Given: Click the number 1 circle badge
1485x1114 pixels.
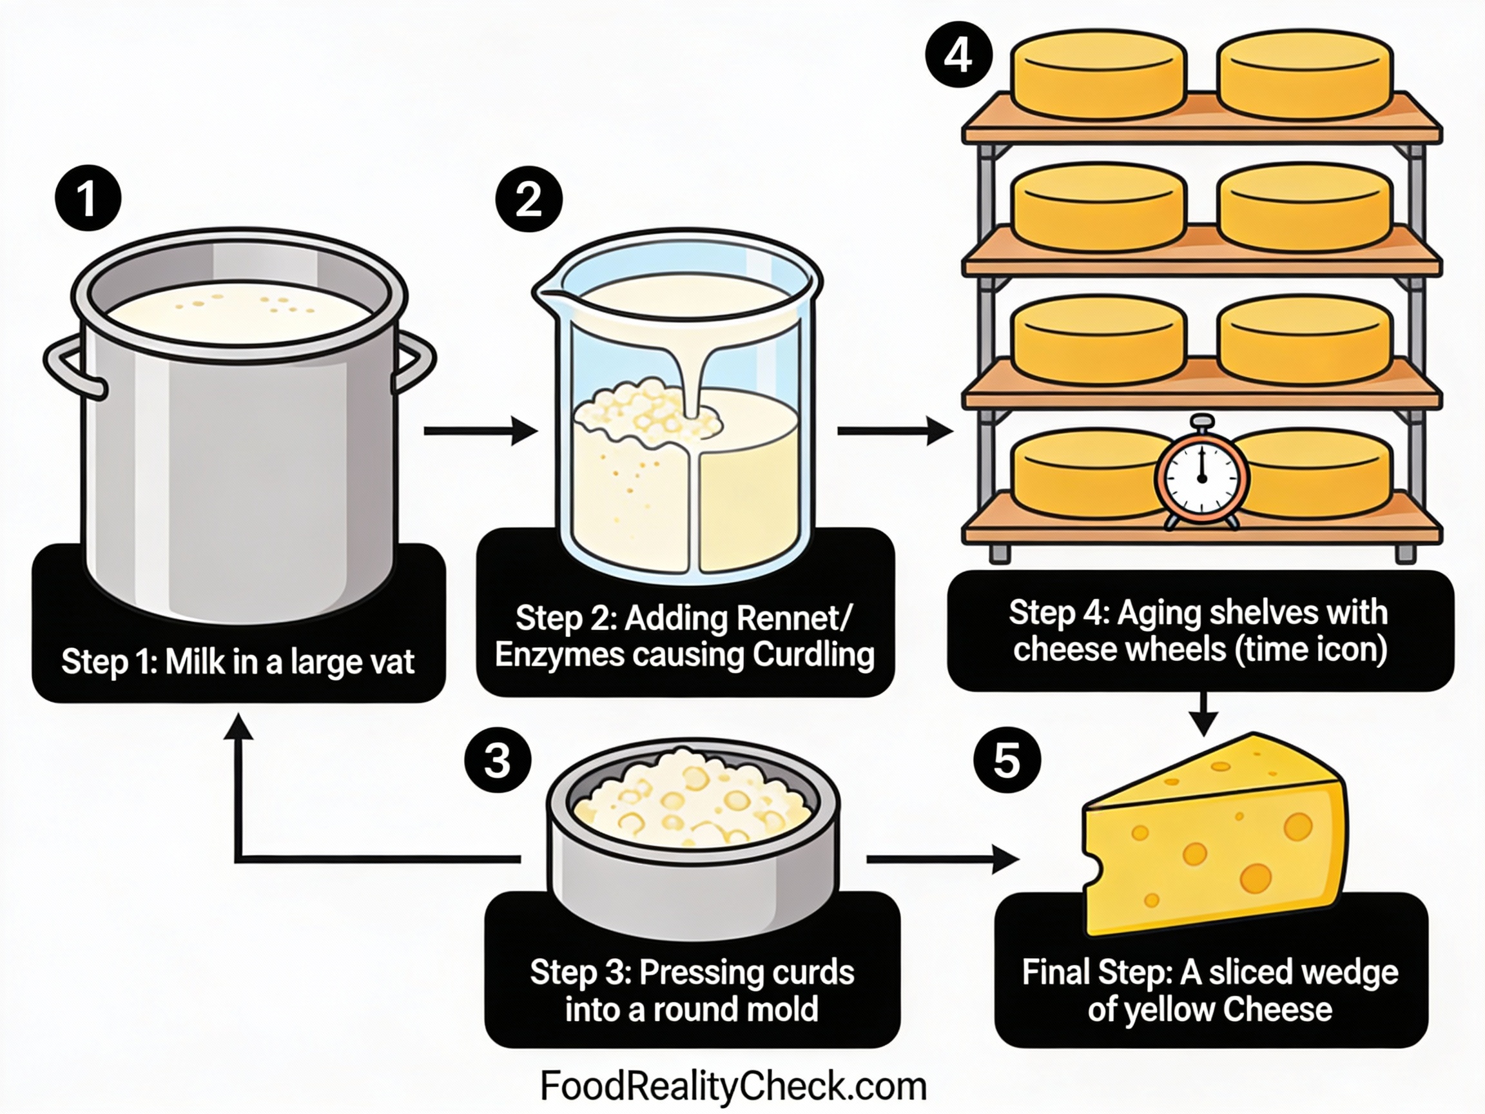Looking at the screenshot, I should click(88, 198).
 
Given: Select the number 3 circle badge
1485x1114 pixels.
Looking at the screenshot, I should click(498, 760).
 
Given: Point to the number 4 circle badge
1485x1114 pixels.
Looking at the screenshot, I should click(958, 54).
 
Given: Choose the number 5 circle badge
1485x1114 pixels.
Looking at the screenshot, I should click(1007, 760).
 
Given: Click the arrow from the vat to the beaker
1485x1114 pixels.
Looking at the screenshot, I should click(480, 431).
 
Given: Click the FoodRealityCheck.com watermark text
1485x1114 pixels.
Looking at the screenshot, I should click(733, 1086).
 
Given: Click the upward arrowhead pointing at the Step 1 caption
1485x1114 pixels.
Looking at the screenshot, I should click(238, 727).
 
